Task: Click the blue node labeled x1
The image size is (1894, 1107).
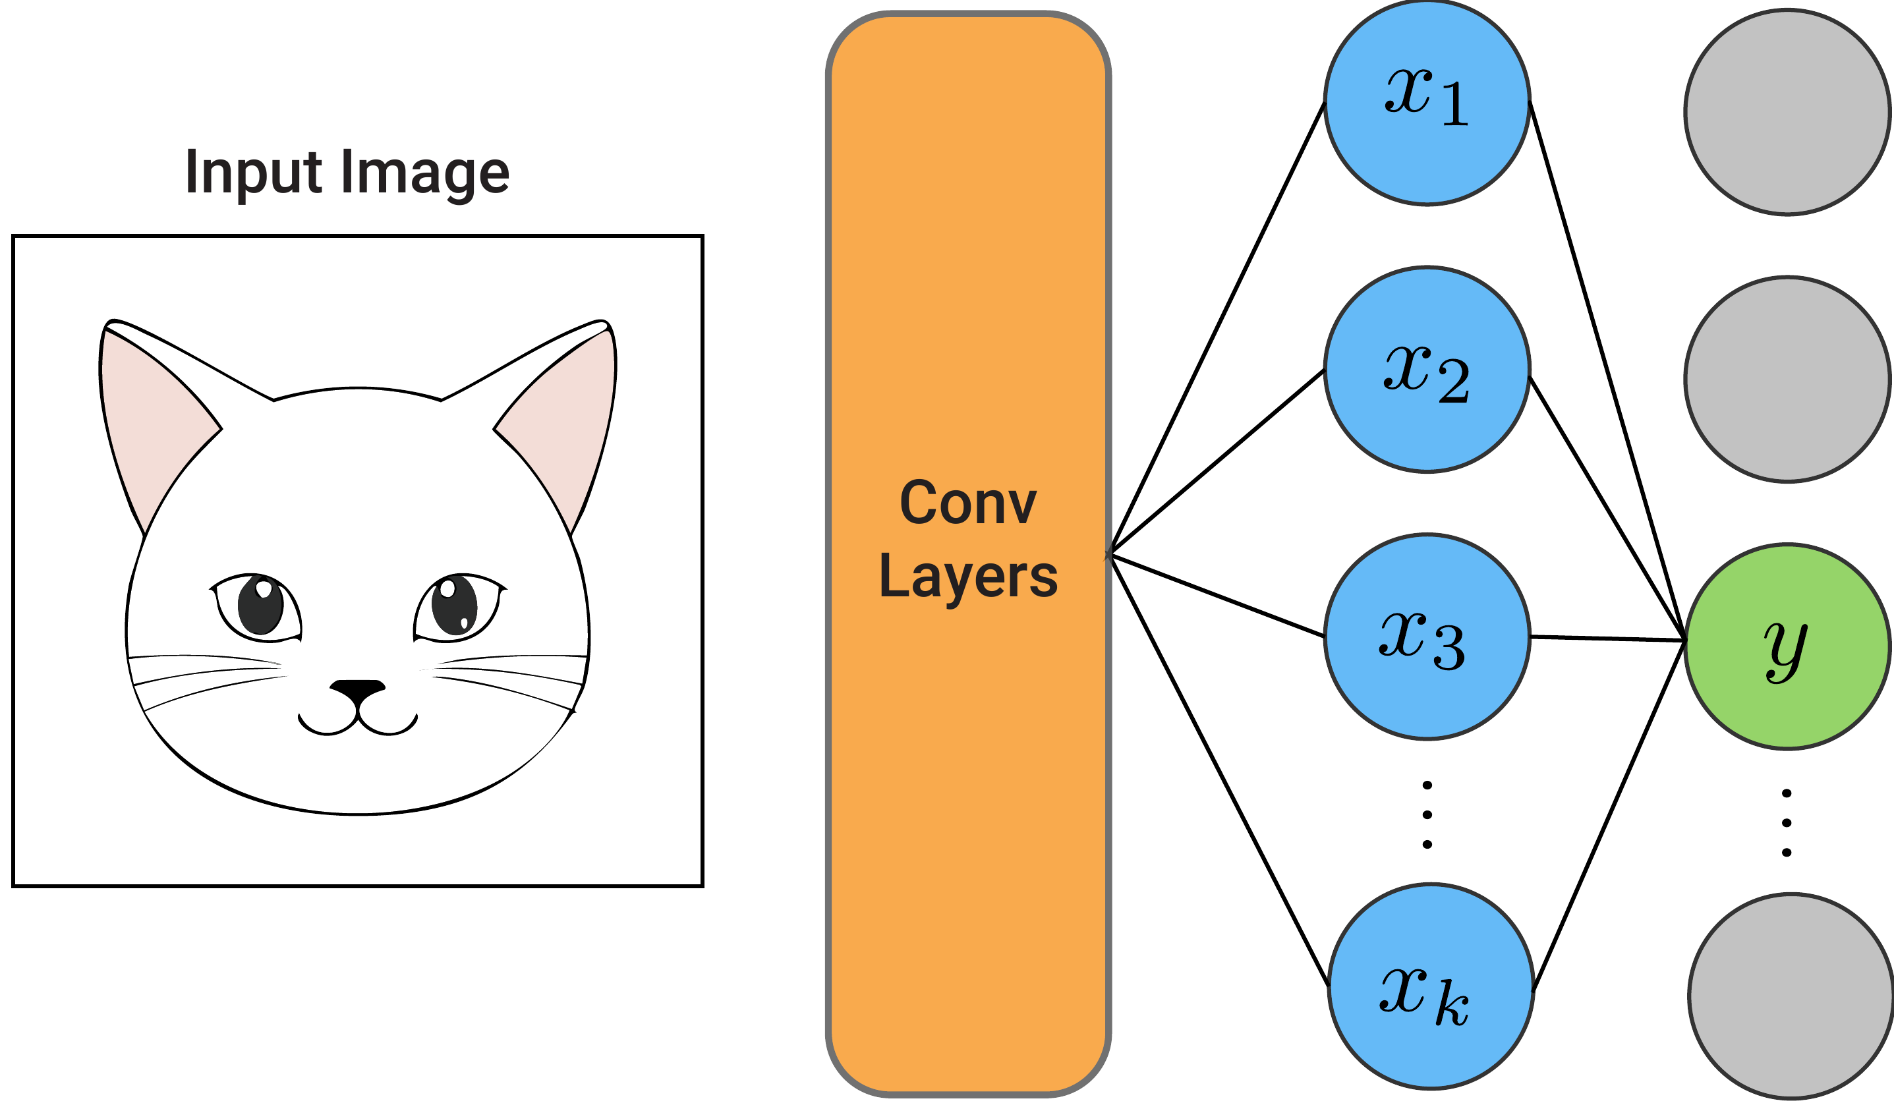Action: point(1427,103)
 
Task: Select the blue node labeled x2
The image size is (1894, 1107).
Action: point(1427,370)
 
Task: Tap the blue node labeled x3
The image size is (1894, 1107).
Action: point(1427,637)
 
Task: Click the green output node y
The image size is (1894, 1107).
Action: point(1787,647)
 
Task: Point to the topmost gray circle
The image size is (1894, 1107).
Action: point(1787,113)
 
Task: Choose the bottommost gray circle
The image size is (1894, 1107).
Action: point(1791,996)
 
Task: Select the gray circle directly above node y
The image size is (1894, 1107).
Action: point(1787,380)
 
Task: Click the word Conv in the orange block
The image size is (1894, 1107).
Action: point(967,503)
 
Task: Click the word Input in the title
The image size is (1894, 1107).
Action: point(252,173)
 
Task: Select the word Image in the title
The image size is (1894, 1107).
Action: point(424,173)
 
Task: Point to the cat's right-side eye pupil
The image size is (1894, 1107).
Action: point(454,606)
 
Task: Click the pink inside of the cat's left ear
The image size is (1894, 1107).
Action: point(154,421)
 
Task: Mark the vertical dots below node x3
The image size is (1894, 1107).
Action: point(1427,814)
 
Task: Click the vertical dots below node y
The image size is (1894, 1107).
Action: point(1787,823)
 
